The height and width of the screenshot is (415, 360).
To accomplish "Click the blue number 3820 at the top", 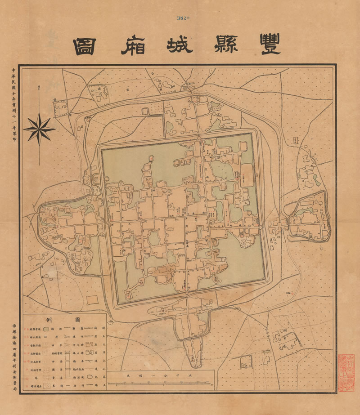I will [182, 18].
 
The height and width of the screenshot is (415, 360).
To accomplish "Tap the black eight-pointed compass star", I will [39, 129].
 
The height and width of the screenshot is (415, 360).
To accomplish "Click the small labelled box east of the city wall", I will [296, 141].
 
